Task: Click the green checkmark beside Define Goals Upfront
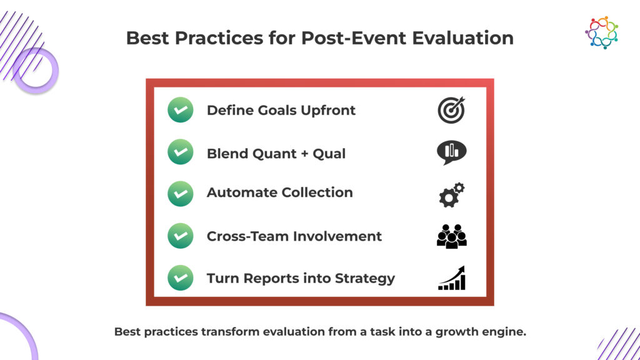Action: (x=181, y=110)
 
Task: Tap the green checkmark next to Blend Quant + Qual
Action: (x=181, y=152)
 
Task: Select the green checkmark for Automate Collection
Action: (x=181, y=194)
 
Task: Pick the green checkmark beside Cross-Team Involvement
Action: (x=181, y=236)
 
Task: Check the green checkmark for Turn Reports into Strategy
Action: (x=181, y=277)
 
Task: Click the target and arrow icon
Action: (x=451, y=110)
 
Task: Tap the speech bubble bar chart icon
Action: (x=451, y=152)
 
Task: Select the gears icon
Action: (x=451, y=195)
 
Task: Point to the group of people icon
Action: (x=451, y=236)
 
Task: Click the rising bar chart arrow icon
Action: (x=452, y=278)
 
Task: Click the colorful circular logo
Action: (x=602, y=32)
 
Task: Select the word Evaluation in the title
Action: (x=462, y=38)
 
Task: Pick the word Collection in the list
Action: (x=317, y=192)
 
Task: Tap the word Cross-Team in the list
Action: (x=247, y=236)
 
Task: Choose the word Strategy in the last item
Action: (x=365, y=279)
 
